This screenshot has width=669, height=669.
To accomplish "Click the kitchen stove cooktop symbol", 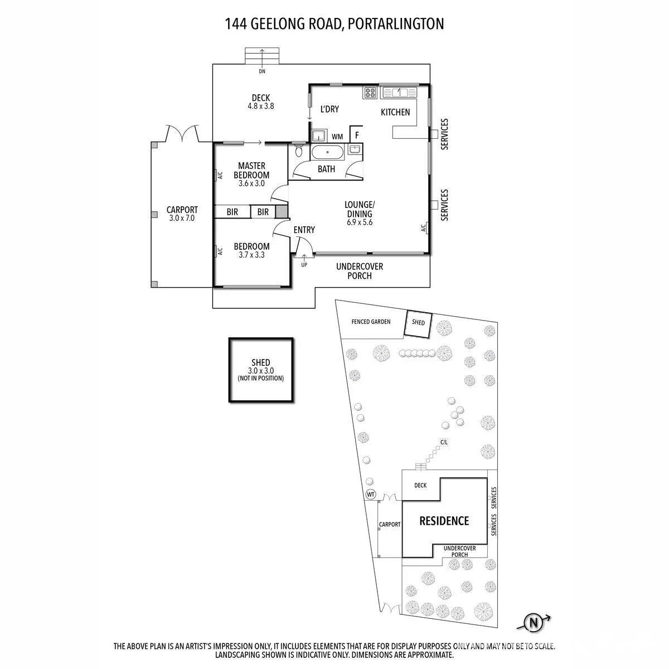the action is coord(370,93).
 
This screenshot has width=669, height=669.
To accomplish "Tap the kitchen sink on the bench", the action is coord(399,93).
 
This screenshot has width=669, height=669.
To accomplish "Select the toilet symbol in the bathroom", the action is coord(299,151).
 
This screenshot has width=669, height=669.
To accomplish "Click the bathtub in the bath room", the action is coord(327,152).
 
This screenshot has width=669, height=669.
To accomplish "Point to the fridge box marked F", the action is coord(356,134).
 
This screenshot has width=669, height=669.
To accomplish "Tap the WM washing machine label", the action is coord(337,137).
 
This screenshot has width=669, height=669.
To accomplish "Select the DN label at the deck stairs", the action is coord(262,71).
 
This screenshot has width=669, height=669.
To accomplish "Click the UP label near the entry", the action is coord(304,265).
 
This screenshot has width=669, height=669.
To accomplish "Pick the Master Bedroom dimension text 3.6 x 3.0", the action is coord(251,183).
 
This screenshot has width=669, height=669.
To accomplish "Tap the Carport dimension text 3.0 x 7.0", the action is coord(182,218).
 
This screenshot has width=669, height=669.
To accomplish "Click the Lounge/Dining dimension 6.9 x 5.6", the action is coord(360,222).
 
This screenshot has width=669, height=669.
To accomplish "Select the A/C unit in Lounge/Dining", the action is coord(424,228).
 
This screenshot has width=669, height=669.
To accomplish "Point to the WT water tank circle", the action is coord(371,494).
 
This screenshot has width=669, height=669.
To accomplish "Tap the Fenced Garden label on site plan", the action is coord(371,322).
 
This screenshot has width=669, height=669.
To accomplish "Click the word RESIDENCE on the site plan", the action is coord(444,521).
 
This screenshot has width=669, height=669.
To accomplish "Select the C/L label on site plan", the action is coord(444,442).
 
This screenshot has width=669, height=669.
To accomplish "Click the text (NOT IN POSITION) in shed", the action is coord(261,378).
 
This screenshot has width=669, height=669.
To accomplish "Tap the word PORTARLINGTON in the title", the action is coord(395,24).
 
